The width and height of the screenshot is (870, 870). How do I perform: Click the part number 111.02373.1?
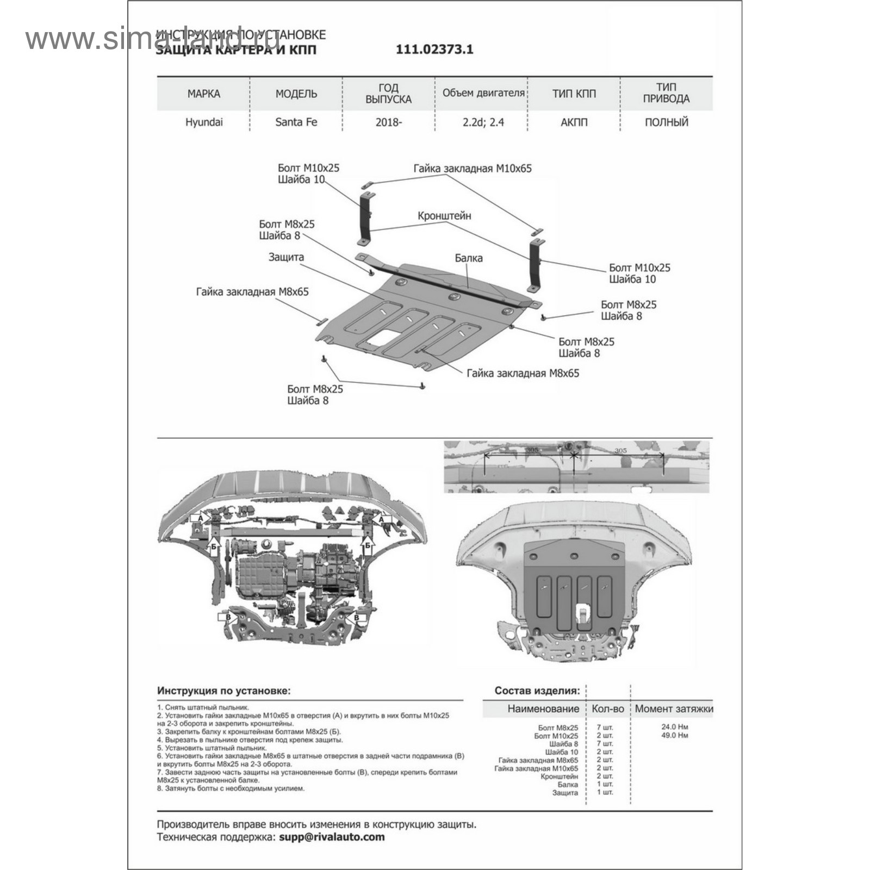pyautogui.click(x=434, y=49)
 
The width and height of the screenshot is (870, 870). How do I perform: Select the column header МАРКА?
pyautogui.click(x=204, y=94)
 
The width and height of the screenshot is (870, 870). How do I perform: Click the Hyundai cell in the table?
pyautogui.click(x=204, y=122)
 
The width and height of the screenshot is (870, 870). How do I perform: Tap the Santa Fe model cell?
pyautogui.click(x=296, y=122)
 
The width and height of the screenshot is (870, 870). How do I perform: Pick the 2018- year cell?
pyautogui.click(x=389, y=122)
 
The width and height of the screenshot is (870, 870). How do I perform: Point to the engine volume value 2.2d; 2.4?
pyautogui.click(x=483, y=122)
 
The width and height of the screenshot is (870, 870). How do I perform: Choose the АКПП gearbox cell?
pyautogui.click(x=574, y=122)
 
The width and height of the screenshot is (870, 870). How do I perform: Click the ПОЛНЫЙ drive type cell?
pyautogui.click(x=667, y=122)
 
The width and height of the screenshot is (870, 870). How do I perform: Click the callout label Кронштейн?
pyautogui.click(x=444, y=216)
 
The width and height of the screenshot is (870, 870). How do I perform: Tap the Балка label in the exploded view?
pyautogui.click(x=469, y=258)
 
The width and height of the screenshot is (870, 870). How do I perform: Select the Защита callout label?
pyautogui.click(x=286, y=257)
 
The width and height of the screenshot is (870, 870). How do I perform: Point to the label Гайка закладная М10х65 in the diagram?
pyautogui.click(x=473, y=169)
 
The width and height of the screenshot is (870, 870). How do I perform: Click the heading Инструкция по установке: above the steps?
pyautogui.click(x=224, y=691)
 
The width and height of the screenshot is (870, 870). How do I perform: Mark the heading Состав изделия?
pyautogui.click(x=537, y=691)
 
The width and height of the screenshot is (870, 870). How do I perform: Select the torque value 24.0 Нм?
pyautogui.click(x=674, y=727)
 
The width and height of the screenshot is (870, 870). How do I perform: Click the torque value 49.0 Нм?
pyautogui.click(x=674, y=735)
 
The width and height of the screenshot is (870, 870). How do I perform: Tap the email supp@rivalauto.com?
pyautogui.click(x=332, y=837)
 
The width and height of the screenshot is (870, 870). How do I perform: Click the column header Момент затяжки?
pyautogui.click(x=674, y=709)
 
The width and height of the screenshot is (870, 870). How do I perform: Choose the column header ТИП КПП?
pyautogui.click(x=574, y=94)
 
